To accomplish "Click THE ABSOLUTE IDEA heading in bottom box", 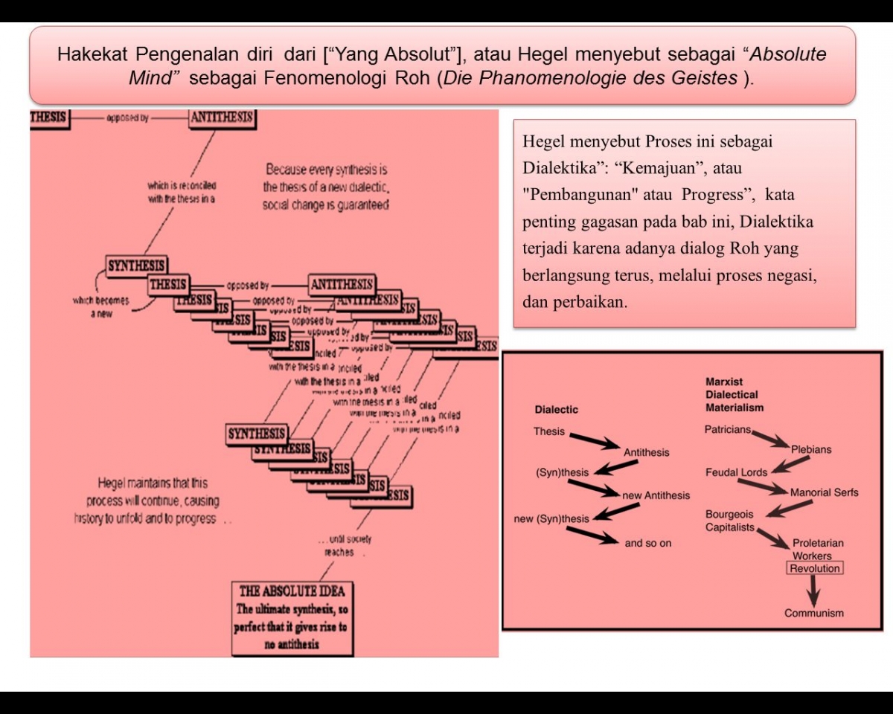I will (x=292, y=591).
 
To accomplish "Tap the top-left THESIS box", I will (x=49, y=118).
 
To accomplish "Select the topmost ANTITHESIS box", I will (x=222, y=118).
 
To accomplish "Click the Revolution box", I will (x=815, y=569).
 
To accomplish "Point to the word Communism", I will (x=814, y=614).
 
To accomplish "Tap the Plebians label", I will (x=811, y=450).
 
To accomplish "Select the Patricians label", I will (x=728, y=430).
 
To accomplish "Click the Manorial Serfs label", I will (x=824, y=492).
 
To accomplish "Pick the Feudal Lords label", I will (x=736, y=472).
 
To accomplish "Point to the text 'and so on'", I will (x=647, y=544).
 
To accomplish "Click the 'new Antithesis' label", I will (x=656, y=496).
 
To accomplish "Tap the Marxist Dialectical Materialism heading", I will (x=734, y=395).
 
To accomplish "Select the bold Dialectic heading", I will (x=556, y=410).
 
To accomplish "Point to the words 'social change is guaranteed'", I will (x=325, y=205).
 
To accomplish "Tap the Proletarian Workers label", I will (x=818, y=550).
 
